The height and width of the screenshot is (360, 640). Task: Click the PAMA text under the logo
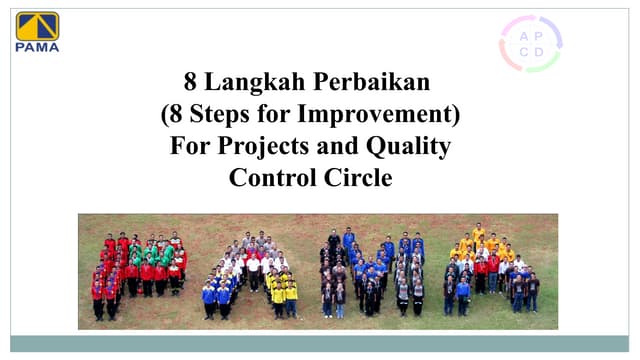pos(37,46)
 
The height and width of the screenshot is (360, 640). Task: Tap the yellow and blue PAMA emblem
pos(37,25)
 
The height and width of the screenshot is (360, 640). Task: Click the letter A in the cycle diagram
pos(523,35)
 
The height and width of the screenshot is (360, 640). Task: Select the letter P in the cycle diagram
pos(540,35)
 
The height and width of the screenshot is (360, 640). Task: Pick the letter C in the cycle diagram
pos(523,52)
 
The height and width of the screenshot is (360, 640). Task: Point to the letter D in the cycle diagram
pos(540,52)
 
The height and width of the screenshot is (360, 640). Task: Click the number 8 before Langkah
pos(191,83)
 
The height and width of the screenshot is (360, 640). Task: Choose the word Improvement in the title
pos(388,115)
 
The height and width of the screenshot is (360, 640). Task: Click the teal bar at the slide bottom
pos(319,343)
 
